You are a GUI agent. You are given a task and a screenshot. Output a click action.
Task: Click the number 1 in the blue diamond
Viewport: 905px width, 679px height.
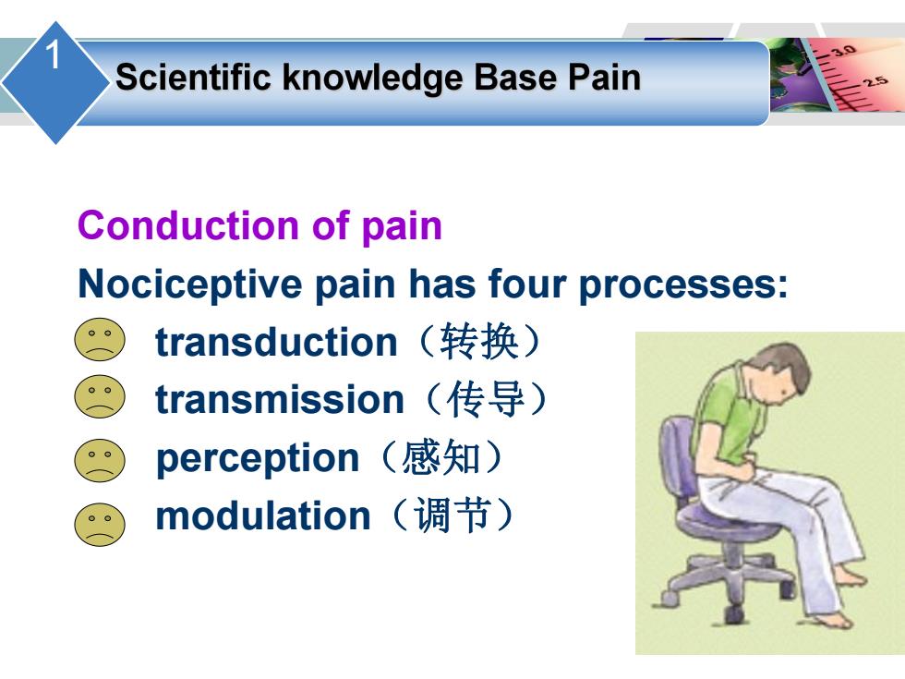pos(53,55)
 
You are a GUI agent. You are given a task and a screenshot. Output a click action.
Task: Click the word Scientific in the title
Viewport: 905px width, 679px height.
pos(193,77)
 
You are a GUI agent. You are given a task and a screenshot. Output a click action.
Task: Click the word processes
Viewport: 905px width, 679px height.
pos(682,285)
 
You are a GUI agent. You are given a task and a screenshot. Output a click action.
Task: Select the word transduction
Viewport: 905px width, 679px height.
pos(276,342)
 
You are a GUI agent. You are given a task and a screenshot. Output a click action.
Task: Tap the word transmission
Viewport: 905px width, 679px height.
pos(279,399)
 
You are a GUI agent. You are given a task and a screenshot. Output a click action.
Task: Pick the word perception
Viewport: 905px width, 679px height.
pos(258,458)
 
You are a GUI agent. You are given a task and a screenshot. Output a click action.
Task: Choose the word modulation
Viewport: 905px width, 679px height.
pos(262,515)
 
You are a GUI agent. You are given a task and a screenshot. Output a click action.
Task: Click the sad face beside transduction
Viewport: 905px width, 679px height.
pos(100,340)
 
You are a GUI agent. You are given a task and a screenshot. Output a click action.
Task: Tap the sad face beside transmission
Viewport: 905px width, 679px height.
pos(100,397)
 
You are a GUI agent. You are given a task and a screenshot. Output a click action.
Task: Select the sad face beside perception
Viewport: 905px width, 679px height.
pos(100,460)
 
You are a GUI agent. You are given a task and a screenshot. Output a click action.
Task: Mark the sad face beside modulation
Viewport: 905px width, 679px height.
pos(100,525)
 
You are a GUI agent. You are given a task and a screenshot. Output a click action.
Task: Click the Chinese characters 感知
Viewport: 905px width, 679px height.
pos(441,458)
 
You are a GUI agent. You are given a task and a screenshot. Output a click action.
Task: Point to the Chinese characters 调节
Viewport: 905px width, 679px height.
pos(452,515)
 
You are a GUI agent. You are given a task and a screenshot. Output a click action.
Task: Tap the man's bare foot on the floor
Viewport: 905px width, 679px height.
pos(835,620)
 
